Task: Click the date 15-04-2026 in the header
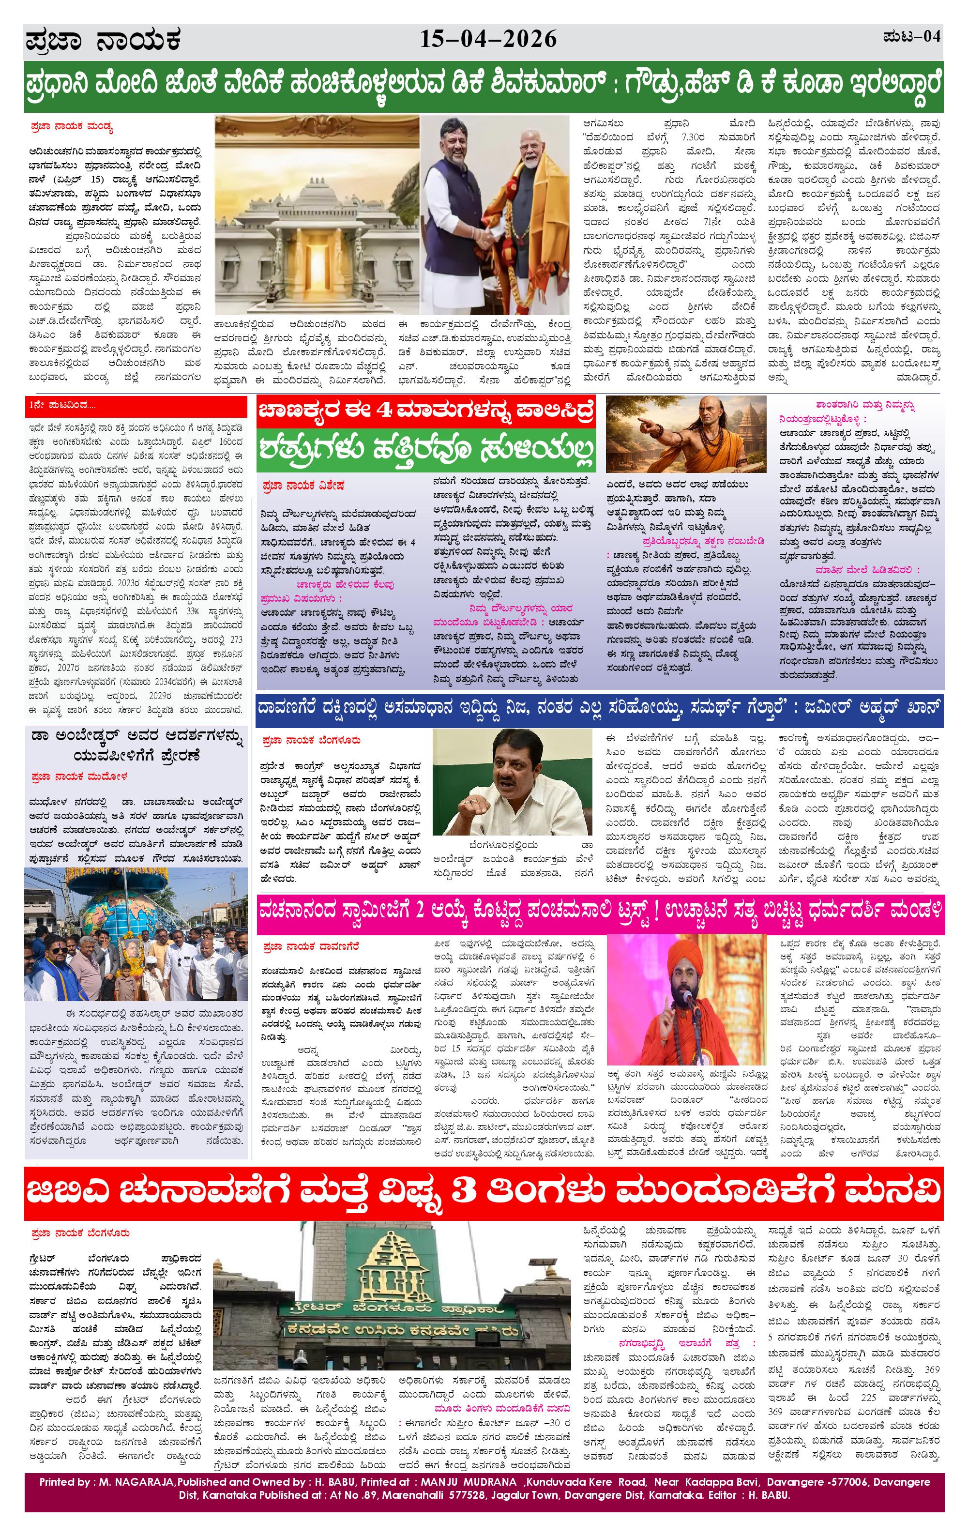(488, 40)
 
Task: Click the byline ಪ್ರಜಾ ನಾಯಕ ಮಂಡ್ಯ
(71, 127)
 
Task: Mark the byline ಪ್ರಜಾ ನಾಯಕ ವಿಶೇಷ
(303, 486)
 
